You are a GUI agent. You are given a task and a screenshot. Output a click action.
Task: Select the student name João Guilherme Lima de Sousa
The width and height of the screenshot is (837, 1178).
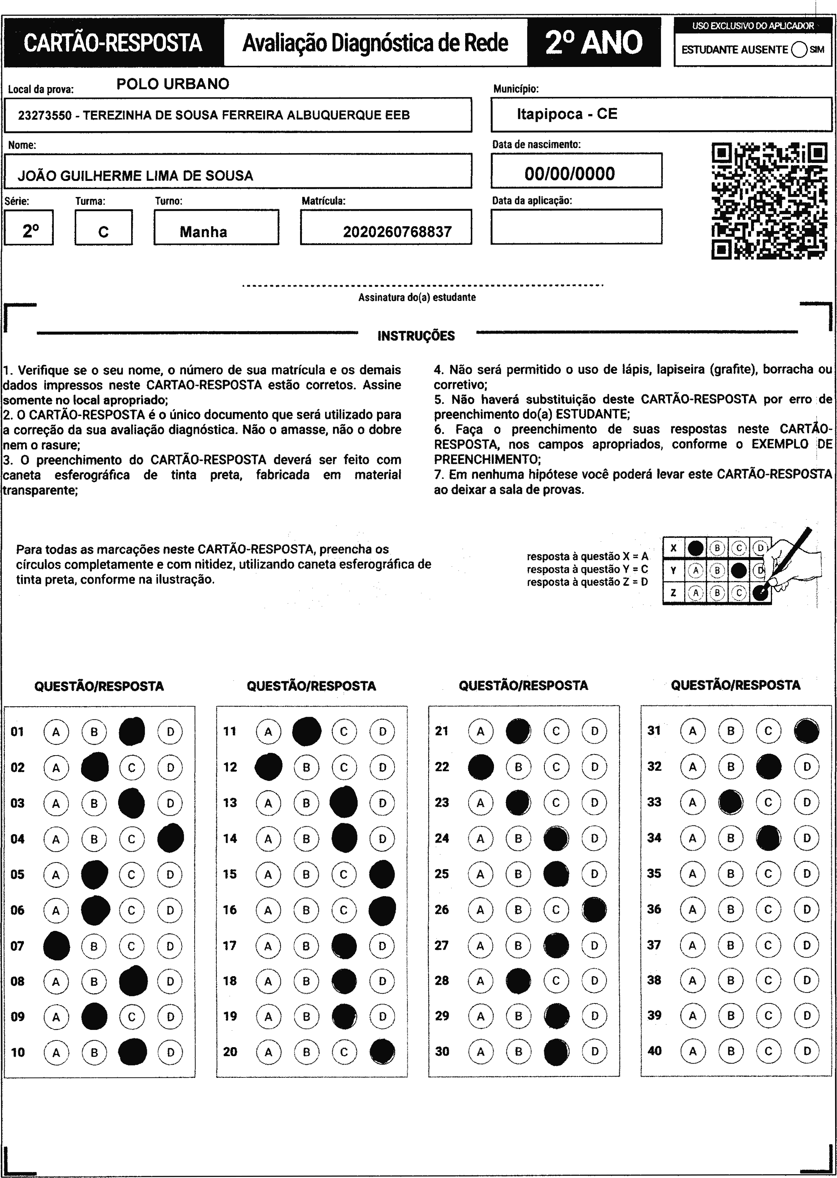[x=135, y=176]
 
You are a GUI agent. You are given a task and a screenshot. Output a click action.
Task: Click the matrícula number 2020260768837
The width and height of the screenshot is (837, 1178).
[x=397, y=232]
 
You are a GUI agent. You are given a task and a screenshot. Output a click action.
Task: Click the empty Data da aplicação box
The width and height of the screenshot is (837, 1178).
[x=576, y=227]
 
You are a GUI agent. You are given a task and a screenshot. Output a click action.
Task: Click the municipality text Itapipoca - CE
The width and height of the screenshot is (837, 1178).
[x=567, y=114]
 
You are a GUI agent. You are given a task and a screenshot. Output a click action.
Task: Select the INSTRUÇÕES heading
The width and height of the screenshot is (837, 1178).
[x=416, y=336]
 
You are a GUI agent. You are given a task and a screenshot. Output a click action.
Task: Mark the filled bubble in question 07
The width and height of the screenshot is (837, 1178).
[x=56, y=946]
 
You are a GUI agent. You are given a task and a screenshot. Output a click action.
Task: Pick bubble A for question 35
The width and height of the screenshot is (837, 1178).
[x=693, y=874]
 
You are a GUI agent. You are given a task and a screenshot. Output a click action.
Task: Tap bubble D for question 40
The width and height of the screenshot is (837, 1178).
[x=807, y=1051]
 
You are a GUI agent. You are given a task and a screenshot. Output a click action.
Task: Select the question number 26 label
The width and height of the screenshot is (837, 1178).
[x=442, y=910]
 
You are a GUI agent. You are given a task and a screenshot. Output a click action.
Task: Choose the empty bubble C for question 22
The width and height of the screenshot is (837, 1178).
[x=556, y=767]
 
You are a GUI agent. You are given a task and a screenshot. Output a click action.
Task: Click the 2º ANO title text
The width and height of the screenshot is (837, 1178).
[x=594, y=42]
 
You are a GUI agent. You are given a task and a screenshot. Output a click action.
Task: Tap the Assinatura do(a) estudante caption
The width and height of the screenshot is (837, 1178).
[x=417, y=298]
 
